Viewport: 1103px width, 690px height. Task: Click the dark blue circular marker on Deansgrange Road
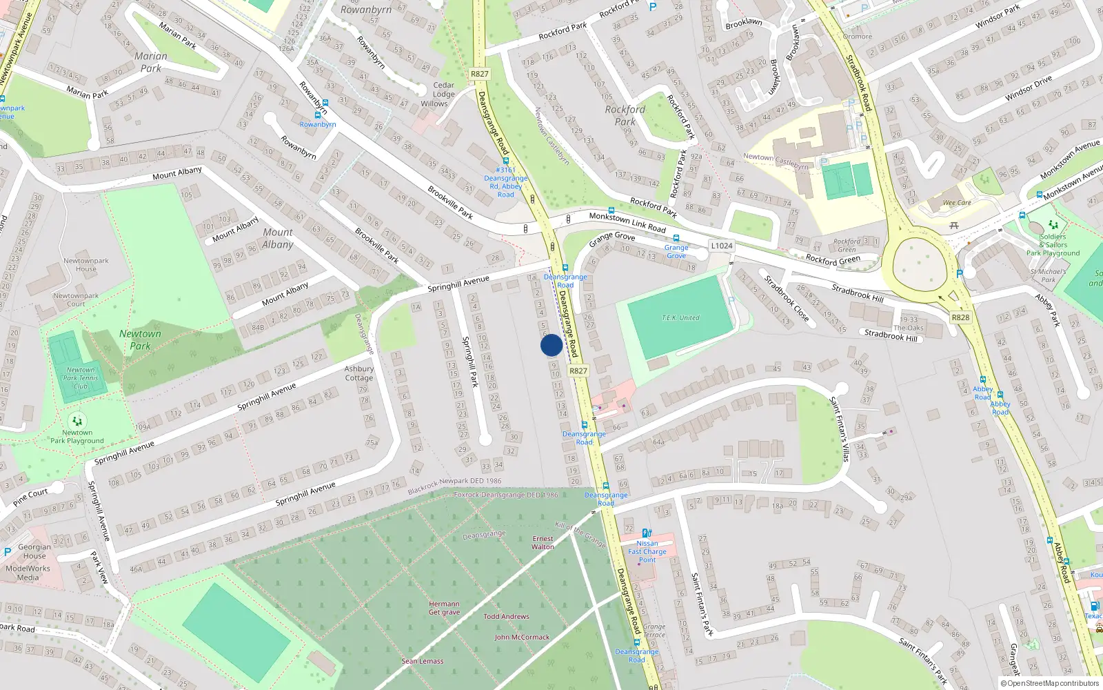(x=551, y=345)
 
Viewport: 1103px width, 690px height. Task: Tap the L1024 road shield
(x=722, y=246)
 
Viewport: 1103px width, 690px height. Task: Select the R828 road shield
(x=960, y=317)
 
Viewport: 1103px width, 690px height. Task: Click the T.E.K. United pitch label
(x=680, y=318)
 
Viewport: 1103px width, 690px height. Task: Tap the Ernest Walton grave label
(x=543, y=543)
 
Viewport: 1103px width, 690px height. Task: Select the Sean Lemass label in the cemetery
(x=423, y=661)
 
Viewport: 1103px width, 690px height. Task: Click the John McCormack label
(x=522, y=637)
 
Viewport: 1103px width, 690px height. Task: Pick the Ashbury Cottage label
(x=359, y=373)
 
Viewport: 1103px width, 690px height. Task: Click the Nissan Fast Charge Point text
(x=647, y=551)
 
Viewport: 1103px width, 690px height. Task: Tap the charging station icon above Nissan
(x=647, y=533)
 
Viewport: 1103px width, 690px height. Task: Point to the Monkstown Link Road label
(x=627, y=222)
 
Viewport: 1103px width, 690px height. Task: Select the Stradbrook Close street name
(x=787, y=298)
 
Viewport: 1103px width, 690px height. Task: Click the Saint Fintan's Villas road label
(x=839, y=428)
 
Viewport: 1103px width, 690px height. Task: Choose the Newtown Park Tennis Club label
(x=81, y=378)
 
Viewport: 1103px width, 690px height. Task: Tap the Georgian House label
(x=34, y=551)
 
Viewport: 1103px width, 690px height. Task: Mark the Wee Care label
(x=957, y=203)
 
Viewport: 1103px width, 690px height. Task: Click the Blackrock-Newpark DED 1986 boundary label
(x=455, y=486)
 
